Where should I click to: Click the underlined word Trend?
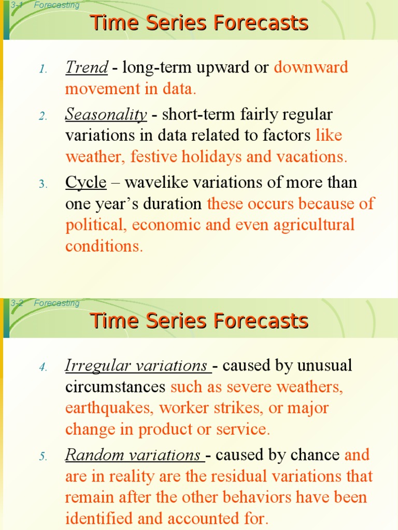pos(87,67)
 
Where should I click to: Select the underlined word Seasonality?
pos(106,114)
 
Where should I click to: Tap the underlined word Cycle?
pos(86,182)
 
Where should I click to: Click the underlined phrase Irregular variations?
pos(136,366)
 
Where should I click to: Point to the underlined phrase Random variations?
pos(133,455)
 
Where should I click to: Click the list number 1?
pos(42,69)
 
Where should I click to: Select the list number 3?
pos(42,184)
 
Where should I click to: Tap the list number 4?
pos(42,367)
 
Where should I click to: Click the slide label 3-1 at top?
pos(17,5)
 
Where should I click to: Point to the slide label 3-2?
pos(17,303)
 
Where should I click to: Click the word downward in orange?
pos(311,67)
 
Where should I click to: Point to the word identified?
pos(98,518)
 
